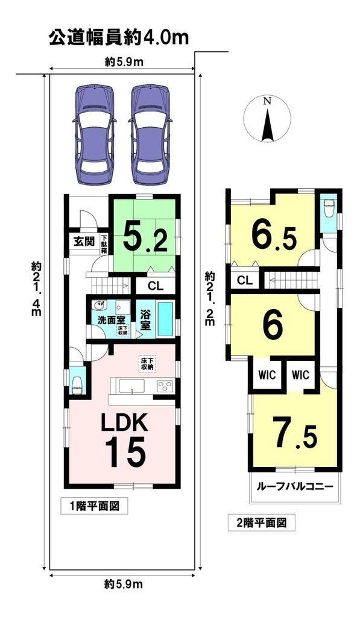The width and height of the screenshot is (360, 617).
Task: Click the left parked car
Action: pyautogui.click(x=94, y=135)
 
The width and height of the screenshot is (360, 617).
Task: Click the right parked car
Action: pyautogui.click(x=150, y=135)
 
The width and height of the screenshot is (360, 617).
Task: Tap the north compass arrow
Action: pyautogui.click(x=267, y=125)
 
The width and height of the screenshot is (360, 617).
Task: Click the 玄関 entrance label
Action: pyautogui.click(x=84, y=242)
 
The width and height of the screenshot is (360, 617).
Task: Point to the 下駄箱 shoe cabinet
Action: pyautogui.click(x=104, y=245)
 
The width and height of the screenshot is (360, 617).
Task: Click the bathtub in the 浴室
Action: pyautogui.click(x=166, y=319)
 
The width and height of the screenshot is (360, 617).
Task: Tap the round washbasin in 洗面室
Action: pyautogui.click(x=98, y=307)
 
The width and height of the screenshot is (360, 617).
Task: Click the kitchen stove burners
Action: pyautogui.click(x=165, y=386)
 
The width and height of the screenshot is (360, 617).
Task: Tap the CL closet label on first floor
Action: pyautogui.click(x=155, y=286)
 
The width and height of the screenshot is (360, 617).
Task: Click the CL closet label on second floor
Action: pyautogui.click(x=245, y=281)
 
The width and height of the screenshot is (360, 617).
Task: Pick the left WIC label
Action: pyautogui.click(x=267, y=375)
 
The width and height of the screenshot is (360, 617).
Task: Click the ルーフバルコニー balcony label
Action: pyautogui.click(x=295, y=486)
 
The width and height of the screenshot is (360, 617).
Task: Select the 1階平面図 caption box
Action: pyautogui.click(x=95, y=506)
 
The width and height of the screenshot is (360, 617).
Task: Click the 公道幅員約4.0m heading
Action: pyautogui.click(x=119, y=38)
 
